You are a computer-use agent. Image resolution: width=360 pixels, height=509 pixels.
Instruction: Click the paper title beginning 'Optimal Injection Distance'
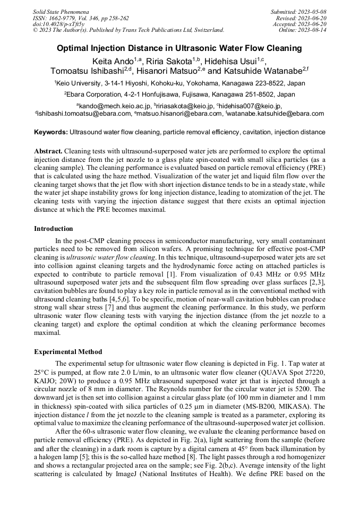click(x=179, y=48)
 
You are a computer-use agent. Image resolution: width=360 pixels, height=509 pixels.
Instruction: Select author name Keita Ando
click(x=112, y=61)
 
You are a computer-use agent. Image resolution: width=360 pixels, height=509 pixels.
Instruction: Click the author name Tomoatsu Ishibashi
click(x=87, y=71)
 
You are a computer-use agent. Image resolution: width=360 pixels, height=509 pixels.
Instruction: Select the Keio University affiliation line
click(x=179, y=83)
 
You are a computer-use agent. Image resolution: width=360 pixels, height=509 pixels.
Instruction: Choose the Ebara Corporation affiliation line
click(x=179, y=94)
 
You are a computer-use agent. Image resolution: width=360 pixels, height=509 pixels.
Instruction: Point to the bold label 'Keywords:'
click(x=51, y=132)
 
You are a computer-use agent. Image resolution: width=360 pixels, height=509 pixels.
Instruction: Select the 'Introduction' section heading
click(x=54, y=229)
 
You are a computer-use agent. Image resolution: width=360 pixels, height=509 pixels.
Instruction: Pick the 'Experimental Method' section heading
click(x=68, y=352)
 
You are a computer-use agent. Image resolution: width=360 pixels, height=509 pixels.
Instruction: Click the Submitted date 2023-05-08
click(x=311, y=12)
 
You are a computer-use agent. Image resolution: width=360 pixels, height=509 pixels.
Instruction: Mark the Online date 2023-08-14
click(x=311, y=30)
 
